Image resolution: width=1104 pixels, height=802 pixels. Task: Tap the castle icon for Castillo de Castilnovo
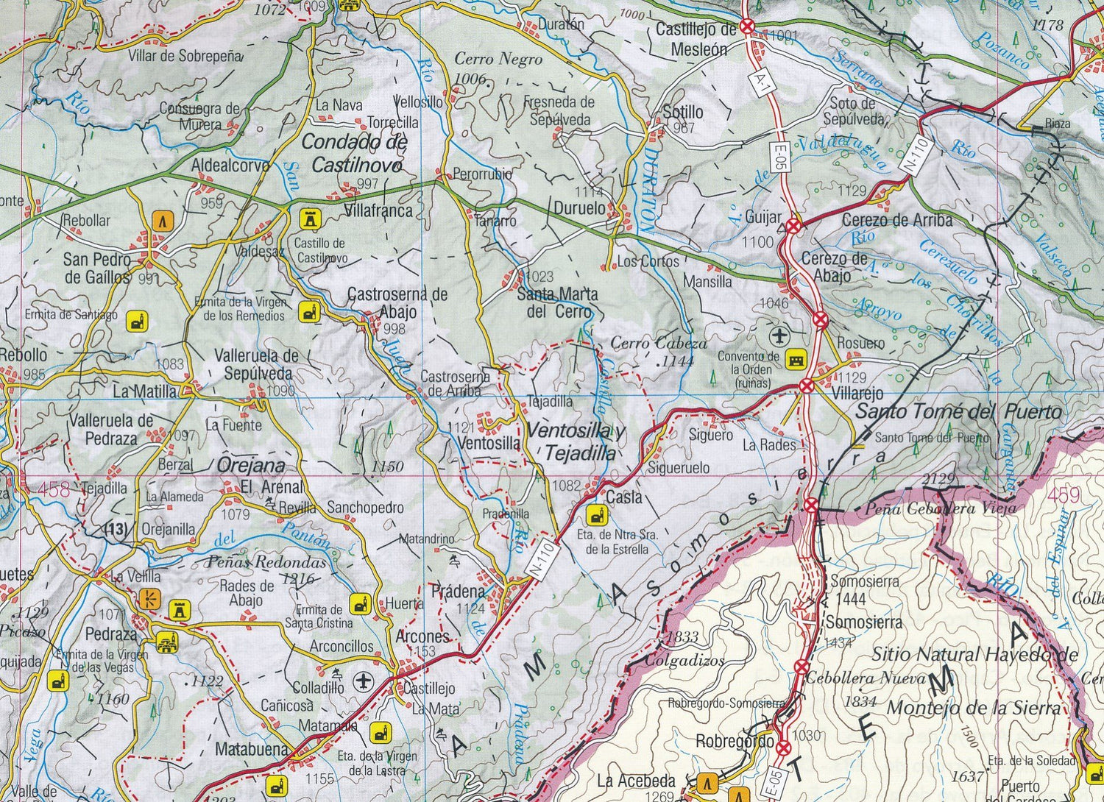(309, 219)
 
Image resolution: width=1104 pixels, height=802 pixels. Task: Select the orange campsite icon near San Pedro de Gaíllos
(163, 219)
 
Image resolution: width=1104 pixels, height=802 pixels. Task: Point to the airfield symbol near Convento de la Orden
(779, 336)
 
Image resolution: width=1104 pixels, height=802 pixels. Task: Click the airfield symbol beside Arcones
(362, 681)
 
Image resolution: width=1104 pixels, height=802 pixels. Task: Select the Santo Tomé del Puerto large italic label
(958, 411)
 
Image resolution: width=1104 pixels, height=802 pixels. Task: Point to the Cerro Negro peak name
(498, 59)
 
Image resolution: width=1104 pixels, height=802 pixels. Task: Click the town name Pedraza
(111, 634)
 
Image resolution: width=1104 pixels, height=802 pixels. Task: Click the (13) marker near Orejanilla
(116, 528)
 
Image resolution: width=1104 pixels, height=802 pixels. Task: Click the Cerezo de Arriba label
(896, 219)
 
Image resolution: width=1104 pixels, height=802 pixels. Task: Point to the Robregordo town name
(734, 742)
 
